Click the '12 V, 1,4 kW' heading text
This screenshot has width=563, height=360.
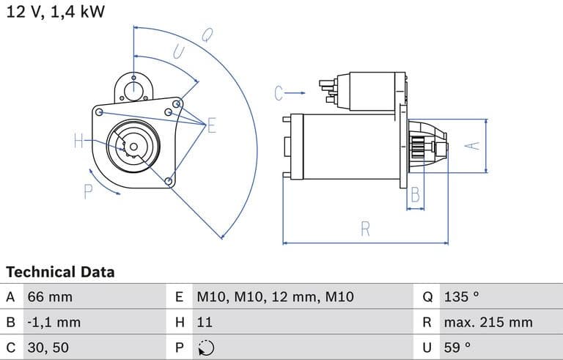(x=55, y=12)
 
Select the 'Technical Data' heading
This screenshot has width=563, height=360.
(x=60, y=272)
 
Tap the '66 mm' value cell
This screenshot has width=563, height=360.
(x=50, y=297)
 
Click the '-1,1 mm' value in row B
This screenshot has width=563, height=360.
(x=54, y=322)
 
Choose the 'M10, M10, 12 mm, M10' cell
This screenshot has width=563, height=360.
(x=275, y=297)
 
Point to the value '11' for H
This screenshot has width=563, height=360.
(x=205, y=322)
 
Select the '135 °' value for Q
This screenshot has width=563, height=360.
(x=461, y=297)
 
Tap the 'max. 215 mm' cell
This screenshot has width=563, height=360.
(x=487, y=322)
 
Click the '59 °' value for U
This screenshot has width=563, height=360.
(x=457, y=347)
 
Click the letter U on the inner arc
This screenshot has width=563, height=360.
(x=177, y=51)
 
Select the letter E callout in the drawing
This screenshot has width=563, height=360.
(x=212, y=126)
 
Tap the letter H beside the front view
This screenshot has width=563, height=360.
(x=79, y=142)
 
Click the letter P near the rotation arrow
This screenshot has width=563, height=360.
(x=88, y=191)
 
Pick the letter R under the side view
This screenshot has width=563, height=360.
(x=365, y=229)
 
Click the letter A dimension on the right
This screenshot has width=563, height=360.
(x=473, y=145)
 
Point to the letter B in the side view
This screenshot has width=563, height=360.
(x=415, y=196)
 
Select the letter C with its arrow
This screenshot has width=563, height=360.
(x=279, y=93)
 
